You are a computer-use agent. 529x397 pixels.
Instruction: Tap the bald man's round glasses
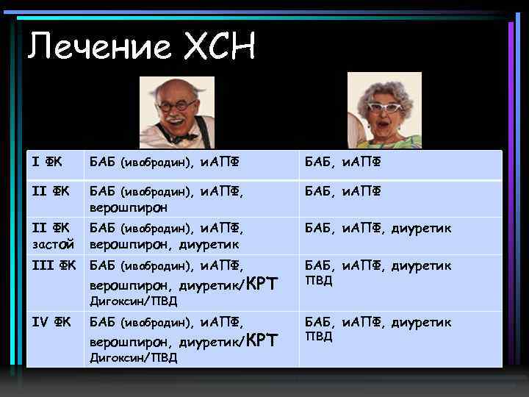click(x=177, y=106)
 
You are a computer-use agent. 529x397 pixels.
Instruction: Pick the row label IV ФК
click(x=51, y=322)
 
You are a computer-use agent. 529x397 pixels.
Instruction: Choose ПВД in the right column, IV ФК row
click(x=318, y=337)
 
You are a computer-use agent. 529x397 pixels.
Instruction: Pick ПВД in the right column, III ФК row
click(x=318, y=280)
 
